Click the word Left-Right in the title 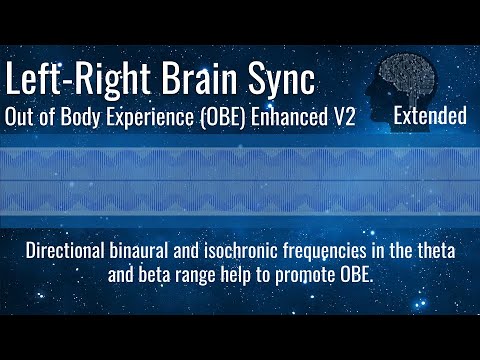click(78, 79)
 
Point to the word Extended click(430, 116)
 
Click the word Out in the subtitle click(21, 116)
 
